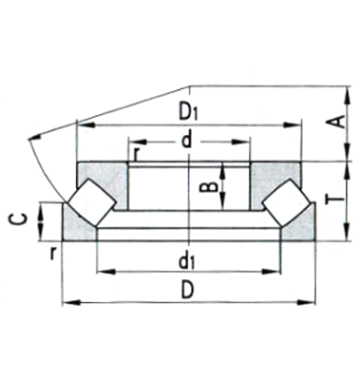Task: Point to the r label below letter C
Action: (x=55, y=253)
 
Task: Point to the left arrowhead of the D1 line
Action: (x=79, y=123)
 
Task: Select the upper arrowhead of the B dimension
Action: (x=223, y=168)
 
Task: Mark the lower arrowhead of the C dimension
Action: (x=40, y=234)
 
